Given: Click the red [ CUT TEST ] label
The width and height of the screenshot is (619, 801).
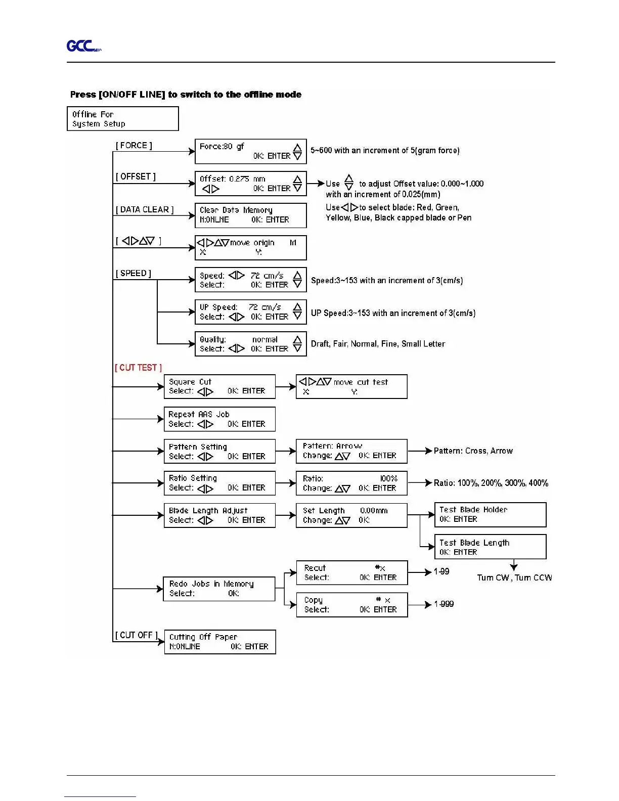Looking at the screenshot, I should point(138,368).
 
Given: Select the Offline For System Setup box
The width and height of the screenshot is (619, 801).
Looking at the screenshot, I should point(122,119).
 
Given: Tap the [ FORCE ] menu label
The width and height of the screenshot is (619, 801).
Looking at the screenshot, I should point(134,146).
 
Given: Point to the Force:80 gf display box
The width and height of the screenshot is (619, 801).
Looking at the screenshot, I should point(250,151).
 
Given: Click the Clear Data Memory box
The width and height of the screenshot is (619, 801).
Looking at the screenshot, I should point(250,215).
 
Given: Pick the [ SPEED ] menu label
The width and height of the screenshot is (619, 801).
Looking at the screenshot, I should point(134,274).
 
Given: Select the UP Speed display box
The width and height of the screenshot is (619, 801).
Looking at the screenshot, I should point(250,312).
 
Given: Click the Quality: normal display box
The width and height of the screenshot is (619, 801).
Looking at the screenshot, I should point(250,344).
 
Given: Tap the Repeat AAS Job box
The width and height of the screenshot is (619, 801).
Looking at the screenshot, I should point(219,419).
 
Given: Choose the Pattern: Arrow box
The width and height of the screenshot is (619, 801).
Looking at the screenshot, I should point(351,451).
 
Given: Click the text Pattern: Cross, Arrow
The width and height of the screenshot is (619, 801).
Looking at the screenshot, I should point(473,451).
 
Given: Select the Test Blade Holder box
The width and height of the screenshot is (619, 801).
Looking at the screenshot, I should point(490,515).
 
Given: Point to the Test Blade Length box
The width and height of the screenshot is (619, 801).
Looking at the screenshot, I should point(490,547).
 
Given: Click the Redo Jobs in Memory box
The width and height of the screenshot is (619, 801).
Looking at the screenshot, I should point(219,589).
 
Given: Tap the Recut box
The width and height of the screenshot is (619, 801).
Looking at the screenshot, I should point(351,572).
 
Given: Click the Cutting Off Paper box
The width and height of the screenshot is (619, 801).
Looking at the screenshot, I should point(220,642).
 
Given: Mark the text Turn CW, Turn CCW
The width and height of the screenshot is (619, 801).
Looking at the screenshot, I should point(514,577).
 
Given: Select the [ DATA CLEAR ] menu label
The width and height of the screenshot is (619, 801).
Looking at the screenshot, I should point(145,210).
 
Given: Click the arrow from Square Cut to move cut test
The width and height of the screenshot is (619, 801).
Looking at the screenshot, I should point(286,387).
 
